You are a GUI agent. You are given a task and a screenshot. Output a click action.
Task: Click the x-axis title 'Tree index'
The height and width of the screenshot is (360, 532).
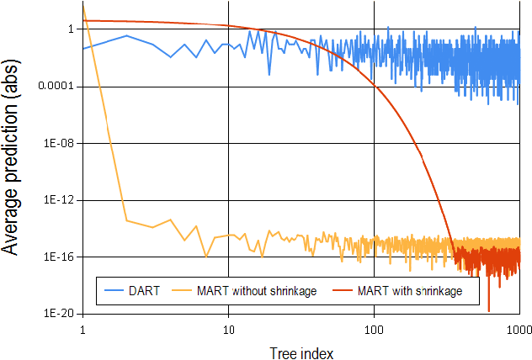[x=301, y=350]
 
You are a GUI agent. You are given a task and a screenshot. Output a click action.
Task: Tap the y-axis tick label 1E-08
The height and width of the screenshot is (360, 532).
[x=62, y=143]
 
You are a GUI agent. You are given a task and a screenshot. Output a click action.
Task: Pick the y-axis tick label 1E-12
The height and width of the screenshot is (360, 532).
[x=62, y=200]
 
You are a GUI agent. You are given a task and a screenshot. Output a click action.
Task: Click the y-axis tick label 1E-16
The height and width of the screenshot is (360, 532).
[x=62, y=257]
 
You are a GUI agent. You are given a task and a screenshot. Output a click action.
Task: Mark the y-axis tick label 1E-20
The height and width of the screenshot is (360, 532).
[x=62, y=313]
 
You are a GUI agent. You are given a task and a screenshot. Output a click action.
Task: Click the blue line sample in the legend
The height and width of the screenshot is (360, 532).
[x=113, y=291]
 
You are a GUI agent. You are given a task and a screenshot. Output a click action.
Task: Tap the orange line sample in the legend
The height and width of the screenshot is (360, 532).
[x=184, y=291]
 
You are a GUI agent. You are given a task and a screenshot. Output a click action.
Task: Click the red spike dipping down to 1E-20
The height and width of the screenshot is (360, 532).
[x=488, y=310]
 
